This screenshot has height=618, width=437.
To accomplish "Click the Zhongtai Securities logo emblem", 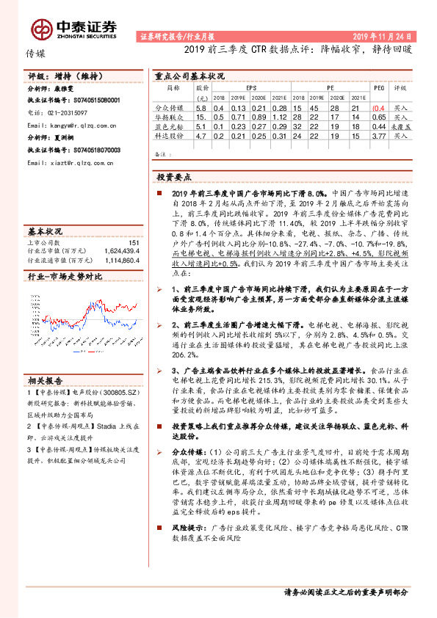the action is pyautogui.click(x=42, y=28).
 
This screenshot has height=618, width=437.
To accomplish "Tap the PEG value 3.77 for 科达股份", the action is pyautogui.click(x=379, y=136).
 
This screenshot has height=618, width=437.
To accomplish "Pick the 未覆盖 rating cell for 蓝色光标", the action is pyautogui.click(x=400, y=126).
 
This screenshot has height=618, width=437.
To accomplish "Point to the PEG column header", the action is pyautogui.click(x=378, y=86).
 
